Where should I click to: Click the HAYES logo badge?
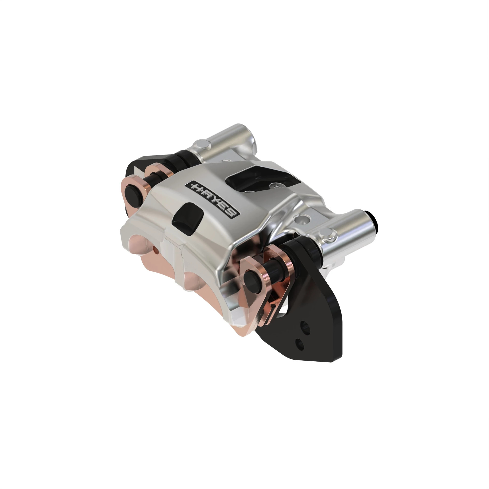pos(212,199)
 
